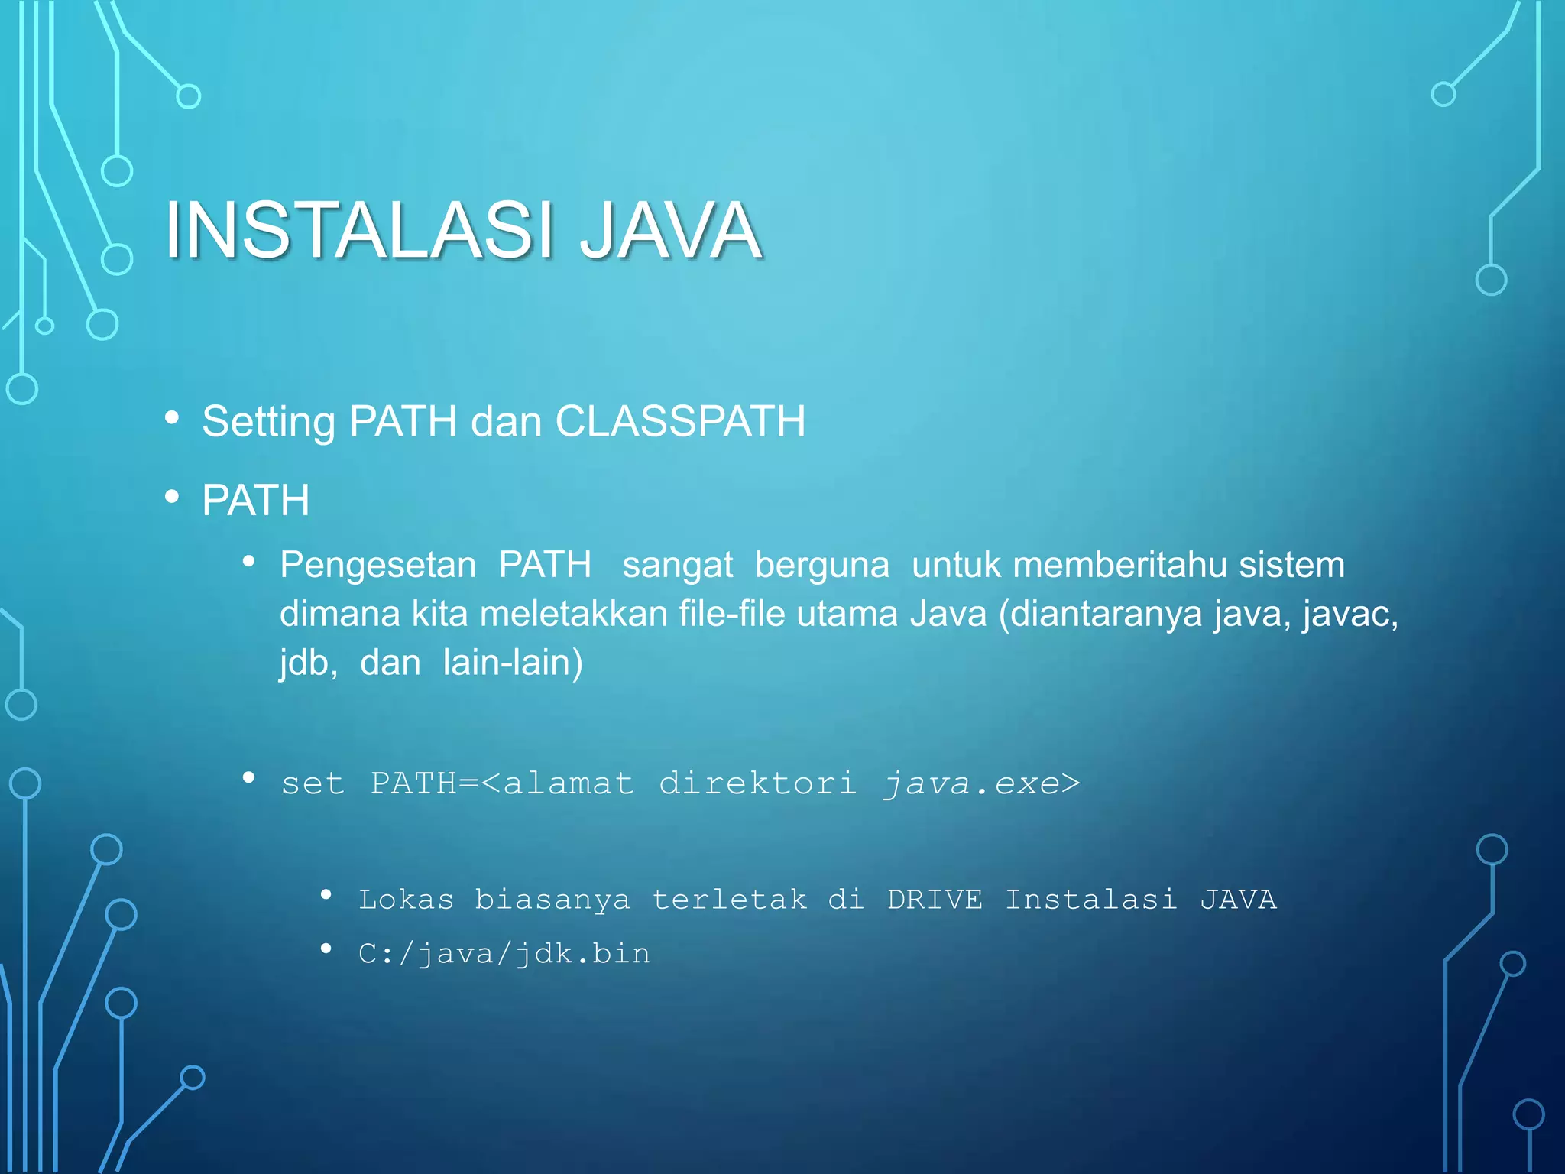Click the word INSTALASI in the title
[x=359, y=229]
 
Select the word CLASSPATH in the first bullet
[x=680, y=421]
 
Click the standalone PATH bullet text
[x=256, y=501]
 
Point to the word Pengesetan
[x=377, y=566]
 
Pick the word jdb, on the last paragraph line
[x=308, y=663]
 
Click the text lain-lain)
[x=513, y=663]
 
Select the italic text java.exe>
[x=982, y=783]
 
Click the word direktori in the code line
[x=757, y=783]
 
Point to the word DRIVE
[x=935, y=900]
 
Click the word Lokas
[x=406, y=900]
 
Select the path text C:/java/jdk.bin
[x=504, y=954]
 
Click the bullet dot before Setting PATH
[x=172, y=418]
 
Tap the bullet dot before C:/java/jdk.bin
[x=326, y=949]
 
